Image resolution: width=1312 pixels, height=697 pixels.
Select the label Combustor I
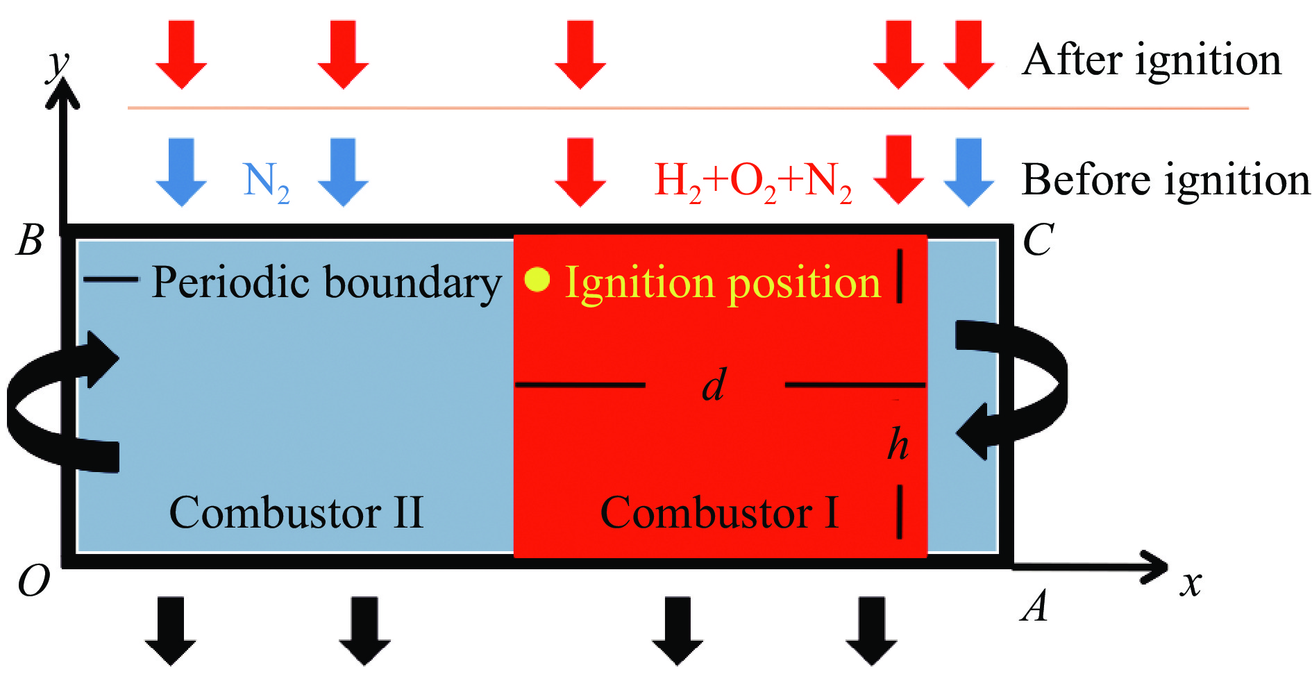coord(719,513)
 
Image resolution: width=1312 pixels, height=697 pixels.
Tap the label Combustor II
coord(296,513)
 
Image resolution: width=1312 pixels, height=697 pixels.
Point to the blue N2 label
coord(266,183)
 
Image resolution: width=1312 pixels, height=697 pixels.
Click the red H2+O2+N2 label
coord(753,183)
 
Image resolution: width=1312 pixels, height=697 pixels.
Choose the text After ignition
coord(1152,61)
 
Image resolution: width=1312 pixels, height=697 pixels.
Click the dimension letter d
coord(714,385)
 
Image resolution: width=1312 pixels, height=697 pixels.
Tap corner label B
coord(30,240)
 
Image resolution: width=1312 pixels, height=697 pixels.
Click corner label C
coord(1038,240)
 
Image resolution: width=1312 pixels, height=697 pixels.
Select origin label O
coord(33,581)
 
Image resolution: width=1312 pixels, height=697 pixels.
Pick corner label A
coord(1034,605)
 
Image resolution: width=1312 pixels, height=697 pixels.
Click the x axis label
coord(1191,584)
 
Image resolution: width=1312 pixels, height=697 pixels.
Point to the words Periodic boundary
coord(326,283)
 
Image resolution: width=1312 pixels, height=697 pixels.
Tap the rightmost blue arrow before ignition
coord(968,172)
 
